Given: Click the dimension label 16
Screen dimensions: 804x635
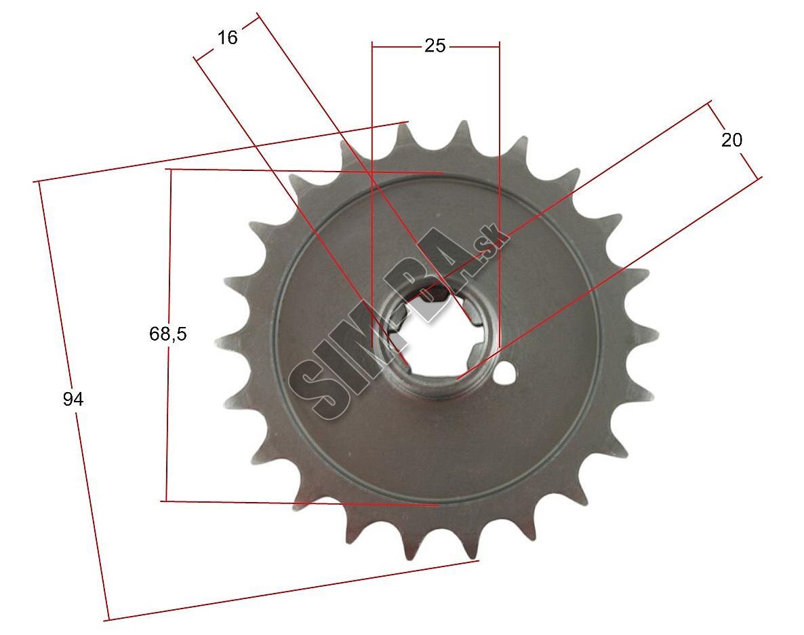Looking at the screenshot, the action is coord(228,37).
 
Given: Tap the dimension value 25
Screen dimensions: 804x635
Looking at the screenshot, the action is coord(435,45).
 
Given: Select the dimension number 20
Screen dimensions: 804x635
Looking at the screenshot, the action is coord(731,140).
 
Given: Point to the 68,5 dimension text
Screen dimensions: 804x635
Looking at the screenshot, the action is coord(167,334).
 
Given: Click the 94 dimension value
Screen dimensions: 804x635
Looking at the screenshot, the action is coord(73,399).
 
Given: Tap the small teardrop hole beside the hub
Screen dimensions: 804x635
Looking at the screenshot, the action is coord(505,373).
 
